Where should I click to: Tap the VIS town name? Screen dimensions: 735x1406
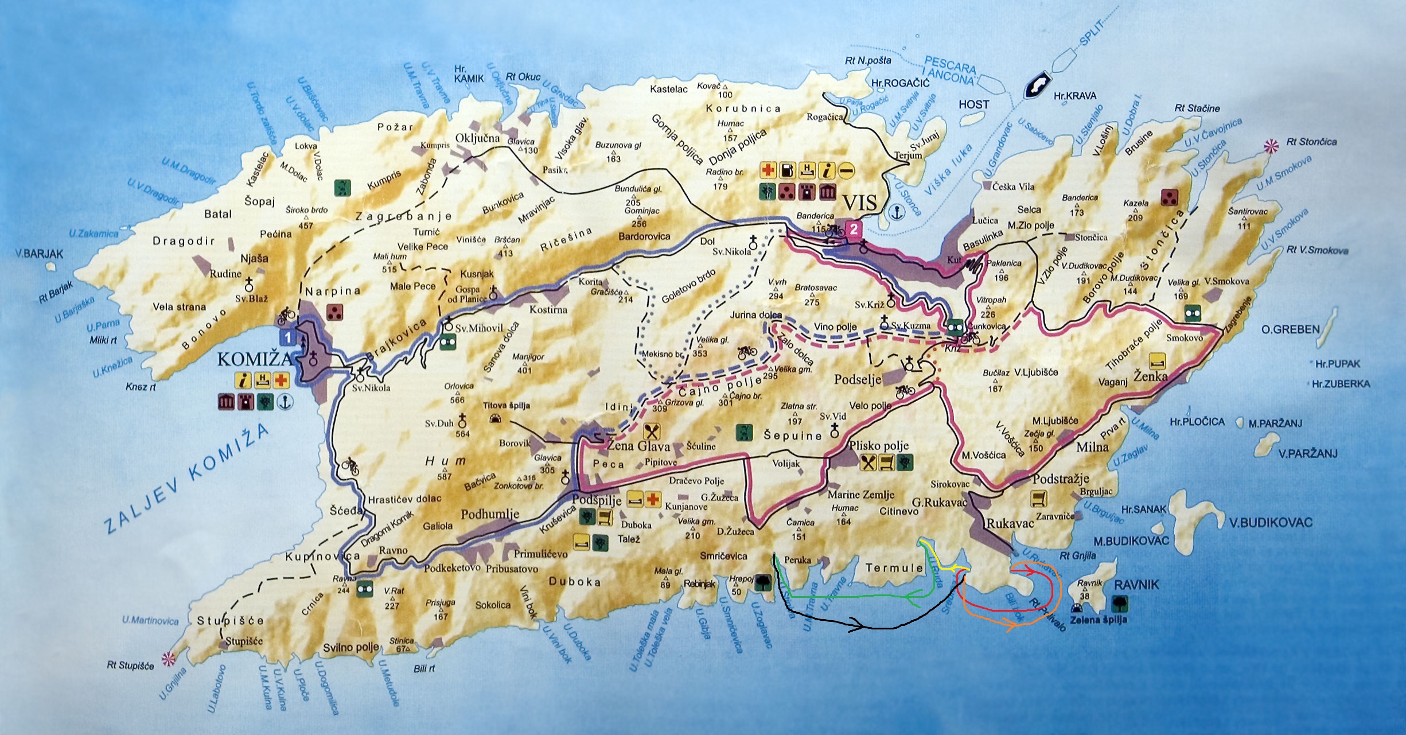(860, 203)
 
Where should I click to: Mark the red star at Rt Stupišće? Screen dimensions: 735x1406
(168, 658)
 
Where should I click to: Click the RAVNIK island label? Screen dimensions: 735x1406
(1136, 585)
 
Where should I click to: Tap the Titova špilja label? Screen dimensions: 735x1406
(507, 406)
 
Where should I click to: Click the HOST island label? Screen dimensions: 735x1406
(973, 104)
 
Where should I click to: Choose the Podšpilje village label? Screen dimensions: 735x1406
(597, 500)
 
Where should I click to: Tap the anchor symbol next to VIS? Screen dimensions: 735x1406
(895, 212)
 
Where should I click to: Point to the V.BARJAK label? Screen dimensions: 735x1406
(39, 254)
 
